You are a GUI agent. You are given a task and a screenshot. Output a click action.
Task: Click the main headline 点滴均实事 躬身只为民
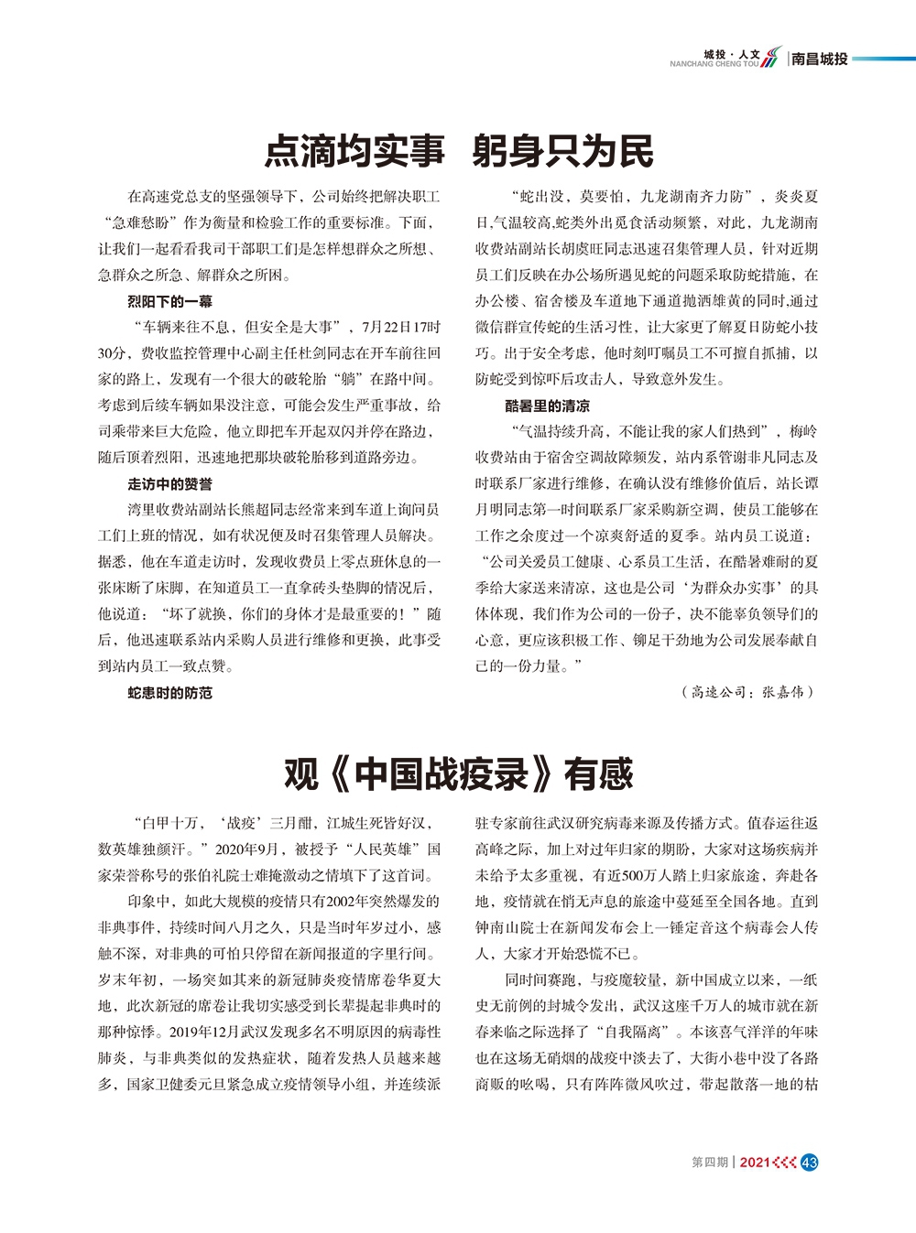pyautogui.click(x=459, y=151)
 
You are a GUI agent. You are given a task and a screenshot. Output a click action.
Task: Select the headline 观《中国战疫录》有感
pyautogui.click(x=458, y=774)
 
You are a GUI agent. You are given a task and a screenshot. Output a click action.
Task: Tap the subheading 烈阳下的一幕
pyautogui.click(x=170, y=301)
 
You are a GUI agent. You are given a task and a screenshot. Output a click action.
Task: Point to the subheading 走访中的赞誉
pyautogui.click(x=170, y=484)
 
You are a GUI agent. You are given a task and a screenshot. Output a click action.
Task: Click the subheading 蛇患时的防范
pyautogui.click(x=170, y=693)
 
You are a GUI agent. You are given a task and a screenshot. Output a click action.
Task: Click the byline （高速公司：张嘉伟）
pyautogui.click(x=747, y=692)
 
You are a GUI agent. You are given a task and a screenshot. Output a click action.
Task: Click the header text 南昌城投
pyautogui.click(x=820, y=59)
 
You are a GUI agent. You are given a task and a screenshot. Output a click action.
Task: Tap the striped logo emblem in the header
pyautogui.click(x=772, y=57)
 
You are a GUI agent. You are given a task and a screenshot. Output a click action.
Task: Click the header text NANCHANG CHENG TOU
pyautogui.click(x=714, y=64)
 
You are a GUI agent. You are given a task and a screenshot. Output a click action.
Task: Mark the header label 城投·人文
pyautogui.click(x=732, y=54)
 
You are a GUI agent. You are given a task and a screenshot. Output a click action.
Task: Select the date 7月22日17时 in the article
pyautogui.click(x=401, y=327)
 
